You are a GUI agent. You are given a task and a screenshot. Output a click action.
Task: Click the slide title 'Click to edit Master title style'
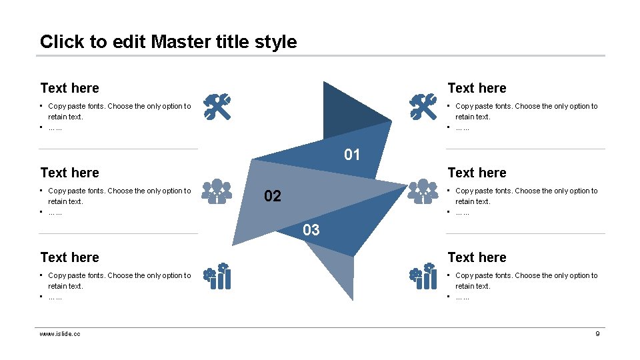point(168,41)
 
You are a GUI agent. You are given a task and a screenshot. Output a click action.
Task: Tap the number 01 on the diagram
point(352,155)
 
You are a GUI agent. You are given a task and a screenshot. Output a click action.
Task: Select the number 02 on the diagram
point(273,196)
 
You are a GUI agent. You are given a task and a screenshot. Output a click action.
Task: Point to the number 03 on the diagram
point(311,231)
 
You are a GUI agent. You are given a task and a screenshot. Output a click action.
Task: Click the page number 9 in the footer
point(597,333)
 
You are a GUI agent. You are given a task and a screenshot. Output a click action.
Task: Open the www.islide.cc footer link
point(60,333)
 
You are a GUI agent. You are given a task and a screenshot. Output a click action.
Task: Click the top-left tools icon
point(217,107)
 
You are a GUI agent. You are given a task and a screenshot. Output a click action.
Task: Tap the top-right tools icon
point(423,107)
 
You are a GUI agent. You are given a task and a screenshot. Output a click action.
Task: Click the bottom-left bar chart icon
point(217,276)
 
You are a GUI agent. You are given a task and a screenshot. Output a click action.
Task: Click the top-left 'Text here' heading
point(69,88)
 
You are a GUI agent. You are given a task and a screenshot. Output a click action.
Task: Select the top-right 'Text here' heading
point(477,88)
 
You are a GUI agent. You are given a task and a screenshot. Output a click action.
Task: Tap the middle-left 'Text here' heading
point(69,173)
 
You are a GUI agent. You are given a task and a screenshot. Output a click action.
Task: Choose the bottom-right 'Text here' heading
point(477,257)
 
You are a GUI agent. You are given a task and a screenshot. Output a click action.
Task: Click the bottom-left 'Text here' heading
point(69,257)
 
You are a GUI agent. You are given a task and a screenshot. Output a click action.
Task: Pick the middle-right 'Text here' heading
point(477,173)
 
